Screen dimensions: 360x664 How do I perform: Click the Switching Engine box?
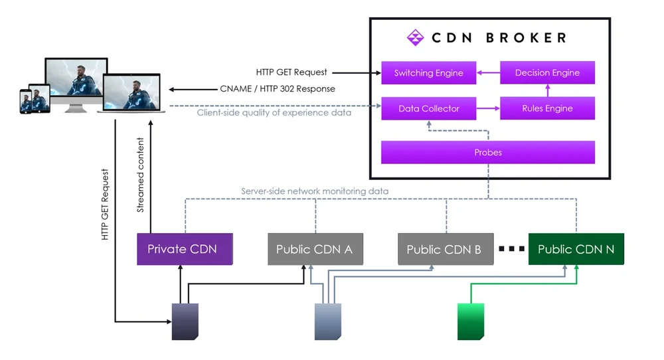(x=428, y=73)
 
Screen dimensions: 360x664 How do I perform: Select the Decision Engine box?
(x=547, y=73)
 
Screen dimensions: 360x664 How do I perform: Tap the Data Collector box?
(x=428, y=108)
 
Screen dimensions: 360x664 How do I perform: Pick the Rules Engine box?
(x=547, y=108)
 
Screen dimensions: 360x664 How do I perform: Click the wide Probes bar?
(x=487, y=152)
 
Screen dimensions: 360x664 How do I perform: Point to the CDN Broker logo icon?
(x=415, y=38)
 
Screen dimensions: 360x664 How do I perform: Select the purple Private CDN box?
(x=182, y=249)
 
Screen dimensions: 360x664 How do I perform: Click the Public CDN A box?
(x=314, y=249)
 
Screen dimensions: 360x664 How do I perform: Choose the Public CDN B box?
(x=444, y=249)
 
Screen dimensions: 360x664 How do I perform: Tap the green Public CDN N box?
(x=576, y=249)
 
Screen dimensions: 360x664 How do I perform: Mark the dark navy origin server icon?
(x=185, y=321)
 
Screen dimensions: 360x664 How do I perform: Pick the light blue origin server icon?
(x=328, y=321)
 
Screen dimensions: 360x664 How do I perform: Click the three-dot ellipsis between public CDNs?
(x=511, y=250)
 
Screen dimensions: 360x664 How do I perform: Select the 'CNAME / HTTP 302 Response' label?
(x=277, y=89)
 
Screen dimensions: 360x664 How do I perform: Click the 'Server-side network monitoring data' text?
(x=315, y=191)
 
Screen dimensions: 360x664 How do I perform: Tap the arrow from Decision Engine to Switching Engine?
(x=488, y=73)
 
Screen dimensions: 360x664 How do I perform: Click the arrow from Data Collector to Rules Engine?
(x=488, y=108)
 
